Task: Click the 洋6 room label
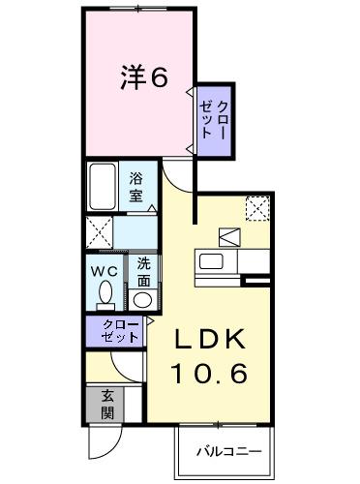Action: coord(143,78)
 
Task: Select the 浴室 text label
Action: coord(137,185)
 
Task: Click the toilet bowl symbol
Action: coord(105,294)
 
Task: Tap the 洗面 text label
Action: coord(143,270)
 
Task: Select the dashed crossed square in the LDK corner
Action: coord(257,207)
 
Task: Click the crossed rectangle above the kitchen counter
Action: coord(230,236)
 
